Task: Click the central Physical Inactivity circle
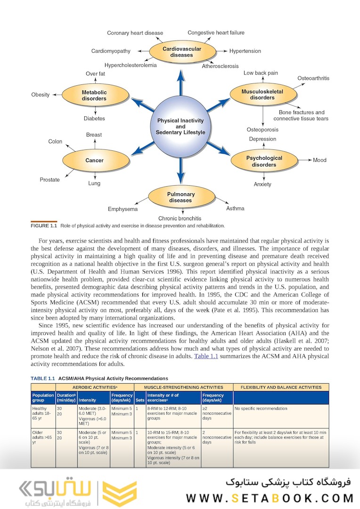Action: (180, 126)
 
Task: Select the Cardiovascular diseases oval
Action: (181, 52)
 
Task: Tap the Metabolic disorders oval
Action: (94, 96)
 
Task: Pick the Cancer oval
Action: (94, 161)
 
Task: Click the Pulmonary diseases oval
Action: (180, 197)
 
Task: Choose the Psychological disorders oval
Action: (264, 161)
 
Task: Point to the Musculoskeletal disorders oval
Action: (262, 94)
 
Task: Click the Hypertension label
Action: (245, 51)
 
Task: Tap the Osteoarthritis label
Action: (313, 78)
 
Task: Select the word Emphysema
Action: (123, 209)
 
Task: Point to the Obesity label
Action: (41, 95)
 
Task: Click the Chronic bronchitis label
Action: (180, 218)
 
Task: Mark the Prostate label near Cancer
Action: (49, 180)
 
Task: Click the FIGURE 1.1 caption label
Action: (43, 226)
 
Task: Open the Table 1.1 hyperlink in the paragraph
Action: (206, 356)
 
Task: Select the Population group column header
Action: (43, 397)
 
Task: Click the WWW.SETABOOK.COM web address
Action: (270, 498)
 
